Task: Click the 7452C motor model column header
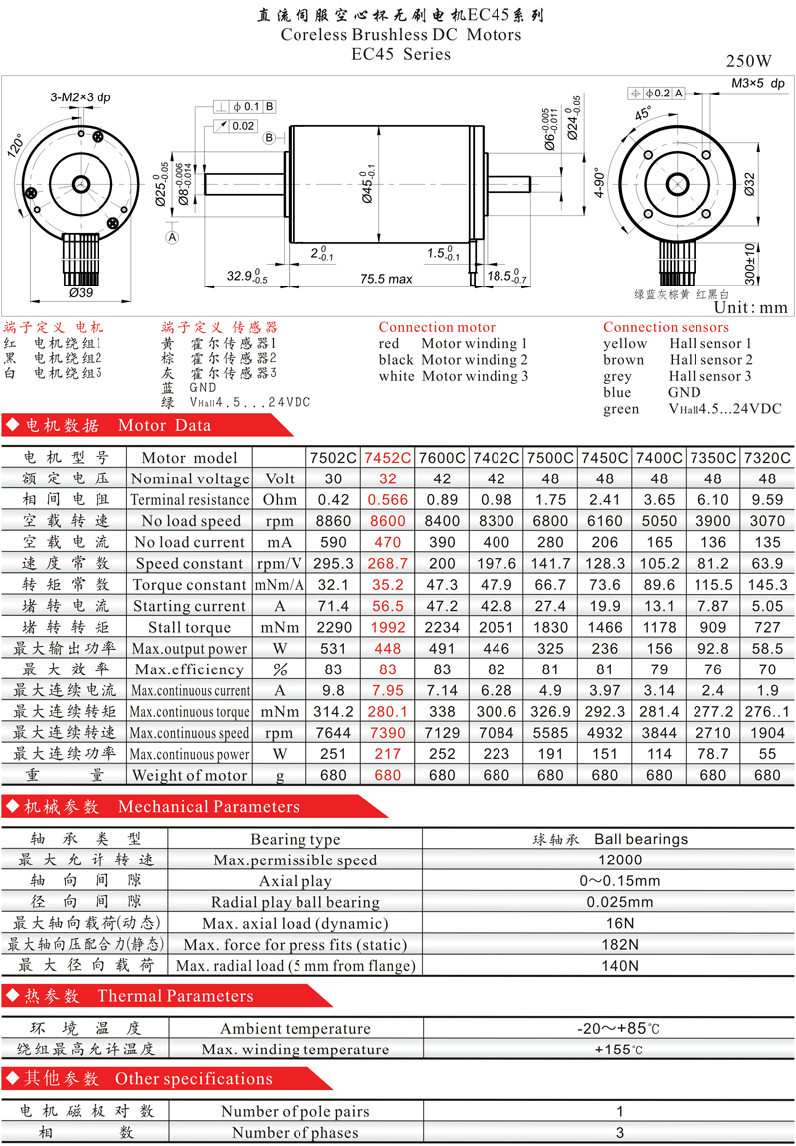tap(387, 458)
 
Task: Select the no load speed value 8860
tap(332, 521)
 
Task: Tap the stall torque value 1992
tap(387, 627)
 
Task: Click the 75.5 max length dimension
tap(386, 279)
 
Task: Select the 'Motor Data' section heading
tap(164, 426)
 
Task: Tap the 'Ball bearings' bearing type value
tap(641, 839)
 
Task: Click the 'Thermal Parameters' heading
tap(175, 996)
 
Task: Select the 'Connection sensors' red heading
tap(666, 327)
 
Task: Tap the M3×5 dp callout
tap(758, 82)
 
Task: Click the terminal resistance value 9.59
tap(766, 500)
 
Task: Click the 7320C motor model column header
tap(766, 458)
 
